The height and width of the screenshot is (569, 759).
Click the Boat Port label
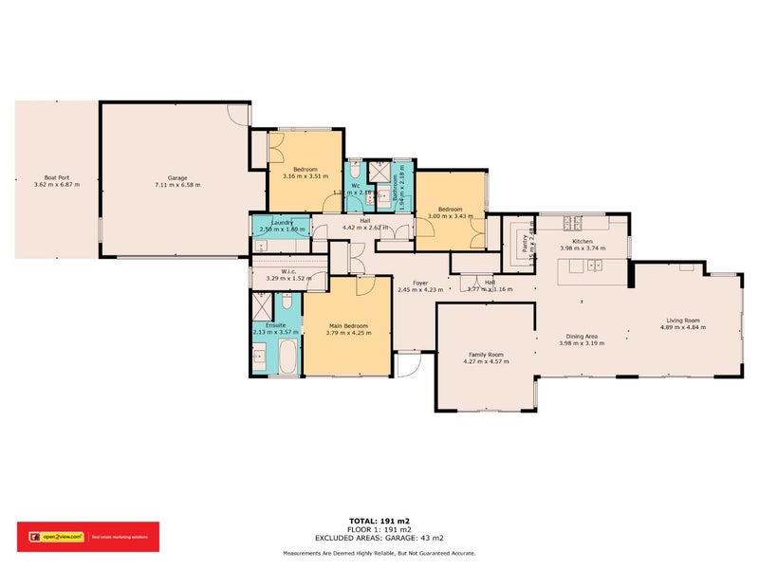[x=56, y=176]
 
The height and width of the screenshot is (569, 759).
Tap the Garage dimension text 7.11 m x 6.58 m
[x=176, y=186]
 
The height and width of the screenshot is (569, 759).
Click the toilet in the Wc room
[x=353, y=174]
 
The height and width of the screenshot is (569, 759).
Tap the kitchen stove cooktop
[x=572, y=224]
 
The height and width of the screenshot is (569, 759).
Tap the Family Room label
[x=483, y=354]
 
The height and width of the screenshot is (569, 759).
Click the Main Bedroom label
[x=346, y=325]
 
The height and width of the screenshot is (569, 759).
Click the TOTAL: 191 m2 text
[x=379, y=522]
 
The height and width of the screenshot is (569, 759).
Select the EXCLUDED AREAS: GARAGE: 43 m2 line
[x=379, y=538]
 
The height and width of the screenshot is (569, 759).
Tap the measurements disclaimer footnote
[x=379, y=553]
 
